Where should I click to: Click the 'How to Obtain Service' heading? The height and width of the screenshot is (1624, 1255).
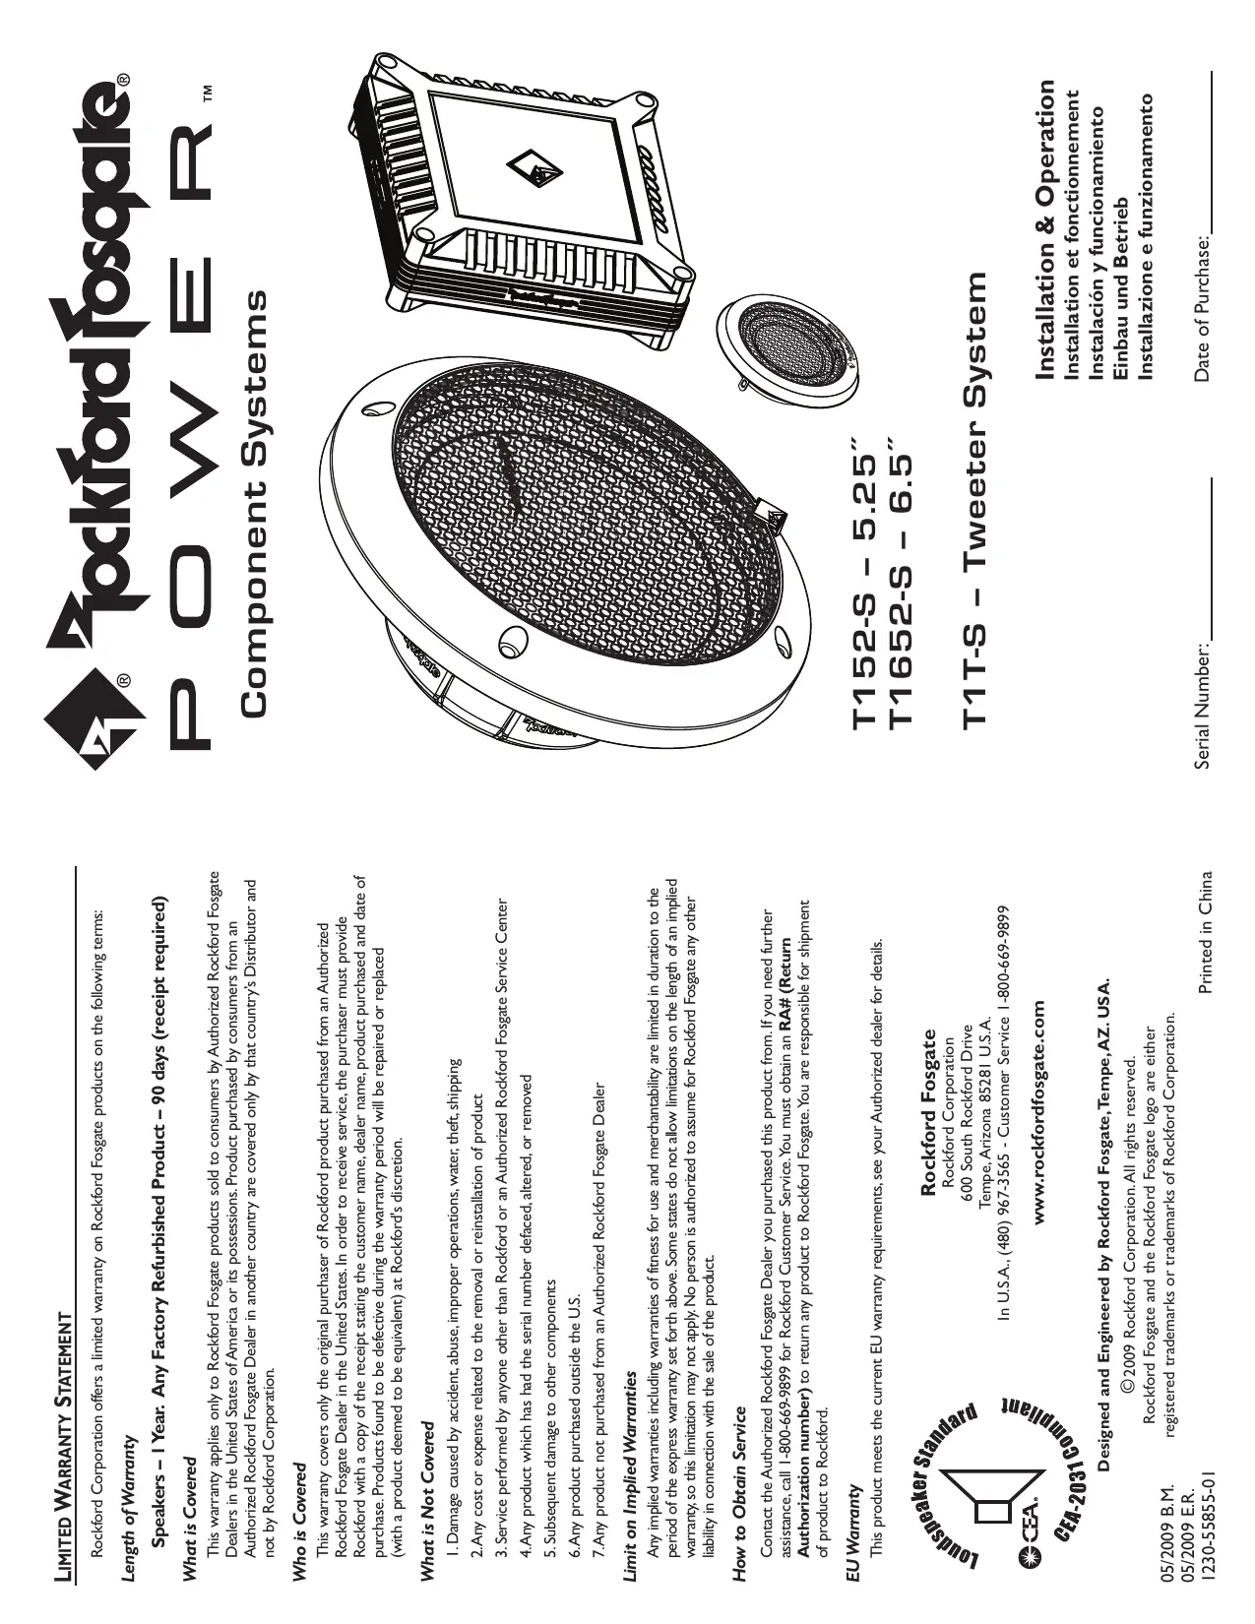tap(739, 1486)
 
